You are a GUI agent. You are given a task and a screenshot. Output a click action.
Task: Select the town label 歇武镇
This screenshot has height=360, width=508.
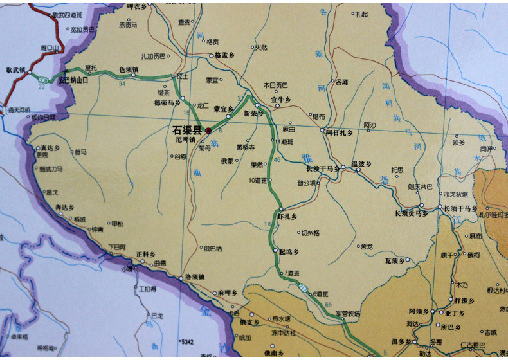15,70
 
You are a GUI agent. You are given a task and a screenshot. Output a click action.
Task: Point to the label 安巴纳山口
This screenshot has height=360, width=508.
72,82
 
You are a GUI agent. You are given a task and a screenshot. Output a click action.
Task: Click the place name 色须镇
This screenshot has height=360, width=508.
129,70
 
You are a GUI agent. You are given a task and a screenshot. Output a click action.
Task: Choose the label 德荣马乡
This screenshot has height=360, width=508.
167,102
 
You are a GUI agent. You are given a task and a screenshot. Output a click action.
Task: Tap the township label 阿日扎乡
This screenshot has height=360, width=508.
339,132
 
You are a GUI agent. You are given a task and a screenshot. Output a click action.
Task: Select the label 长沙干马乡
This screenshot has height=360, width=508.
322,168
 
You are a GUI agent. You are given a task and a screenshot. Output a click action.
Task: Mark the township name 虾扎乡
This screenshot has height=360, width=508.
287,217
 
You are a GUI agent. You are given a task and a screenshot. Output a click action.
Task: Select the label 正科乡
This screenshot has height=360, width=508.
146,254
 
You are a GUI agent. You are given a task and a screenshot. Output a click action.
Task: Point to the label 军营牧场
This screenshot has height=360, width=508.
349,314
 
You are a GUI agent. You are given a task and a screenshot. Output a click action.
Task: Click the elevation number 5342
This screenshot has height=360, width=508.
187,341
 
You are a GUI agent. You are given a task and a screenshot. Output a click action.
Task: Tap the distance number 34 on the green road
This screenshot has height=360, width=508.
122,83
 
